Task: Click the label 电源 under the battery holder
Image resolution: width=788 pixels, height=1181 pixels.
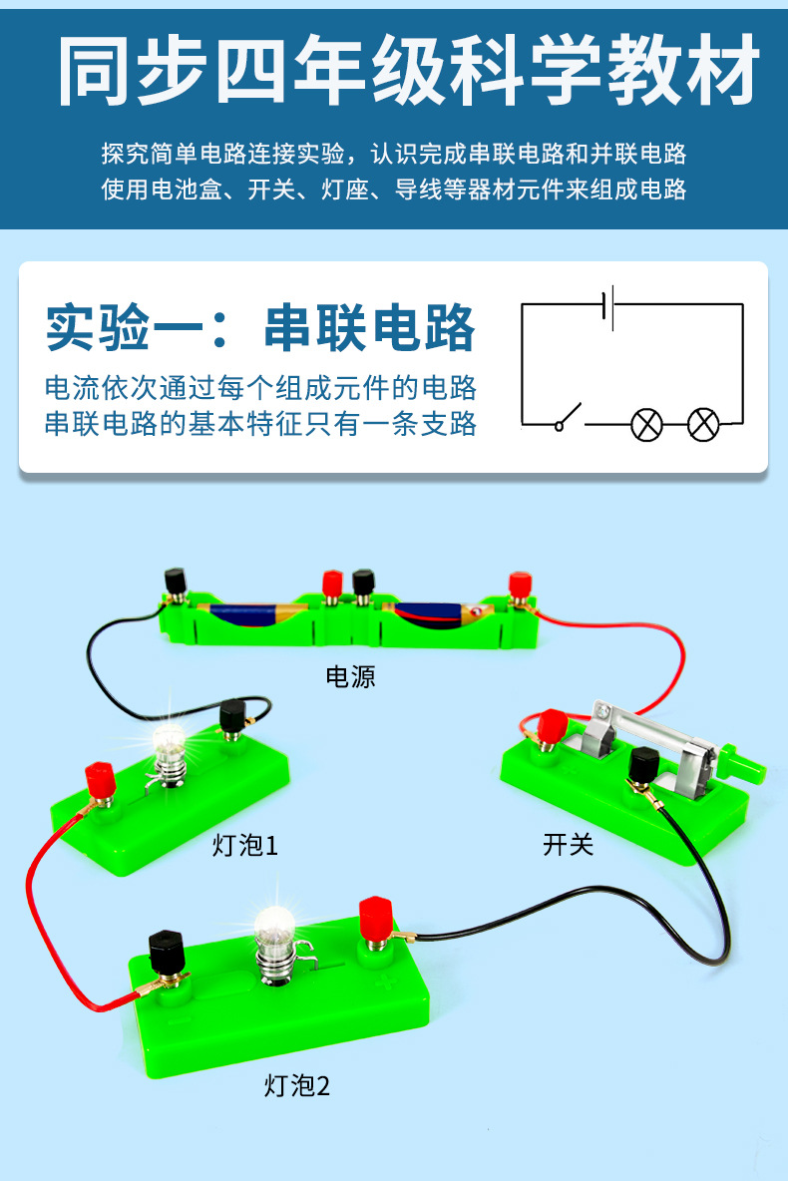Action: [x=350, y=677]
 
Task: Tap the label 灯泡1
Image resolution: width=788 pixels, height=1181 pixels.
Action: [x=245, y=845]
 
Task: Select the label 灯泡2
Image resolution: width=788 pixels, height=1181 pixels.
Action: [x=296, y=1085]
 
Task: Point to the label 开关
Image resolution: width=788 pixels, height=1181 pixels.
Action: [x=569, y=845]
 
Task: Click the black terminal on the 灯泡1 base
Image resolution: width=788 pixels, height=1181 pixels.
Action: [x=232, y=715]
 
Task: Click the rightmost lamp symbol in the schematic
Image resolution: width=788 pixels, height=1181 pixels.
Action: [x=704, y=424]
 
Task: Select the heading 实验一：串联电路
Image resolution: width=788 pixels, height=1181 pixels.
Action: [x=260, y=327]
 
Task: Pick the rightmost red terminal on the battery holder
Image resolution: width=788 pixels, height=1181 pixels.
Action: [x=519, y=583]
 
